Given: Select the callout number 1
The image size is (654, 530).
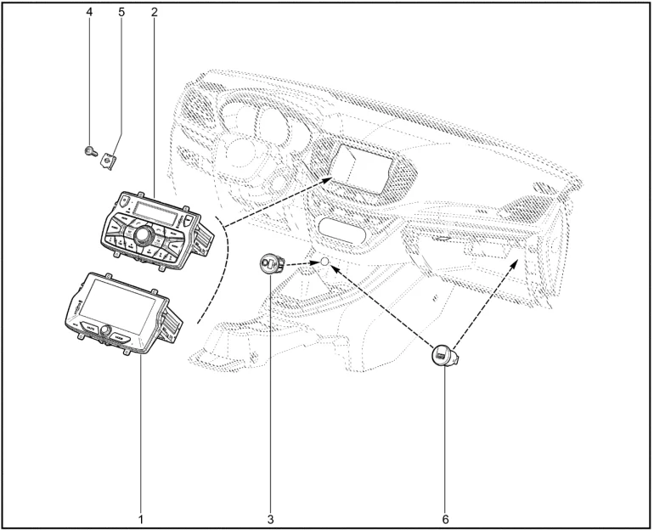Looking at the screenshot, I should click(x=141, y=516).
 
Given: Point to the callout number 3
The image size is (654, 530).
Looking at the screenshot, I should click(x=271, y=516).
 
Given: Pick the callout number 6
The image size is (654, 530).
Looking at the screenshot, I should click(x=445, y=516).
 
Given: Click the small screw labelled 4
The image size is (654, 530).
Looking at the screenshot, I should click(x=89, y=151).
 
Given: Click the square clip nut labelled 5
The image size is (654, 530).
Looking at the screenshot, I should click(x=110, y=158).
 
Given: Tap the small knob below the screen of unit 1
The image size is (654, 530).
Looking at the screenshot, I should click(x=107, y=331).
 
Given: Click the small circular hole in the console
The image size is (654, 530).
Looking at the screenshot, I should click(x=324, y=263).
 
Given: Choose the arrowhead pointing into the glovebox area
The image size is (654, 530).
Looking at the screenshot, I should click(x=516, y=263).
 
